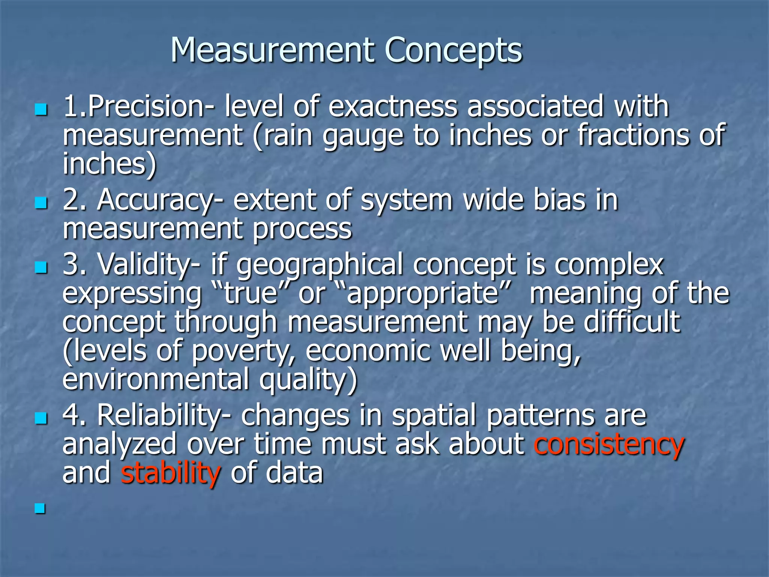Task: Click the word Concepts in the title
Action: point(453,51)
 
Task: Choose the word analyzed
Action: point(119,444)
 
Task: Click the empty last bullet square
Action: point(40,509)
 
